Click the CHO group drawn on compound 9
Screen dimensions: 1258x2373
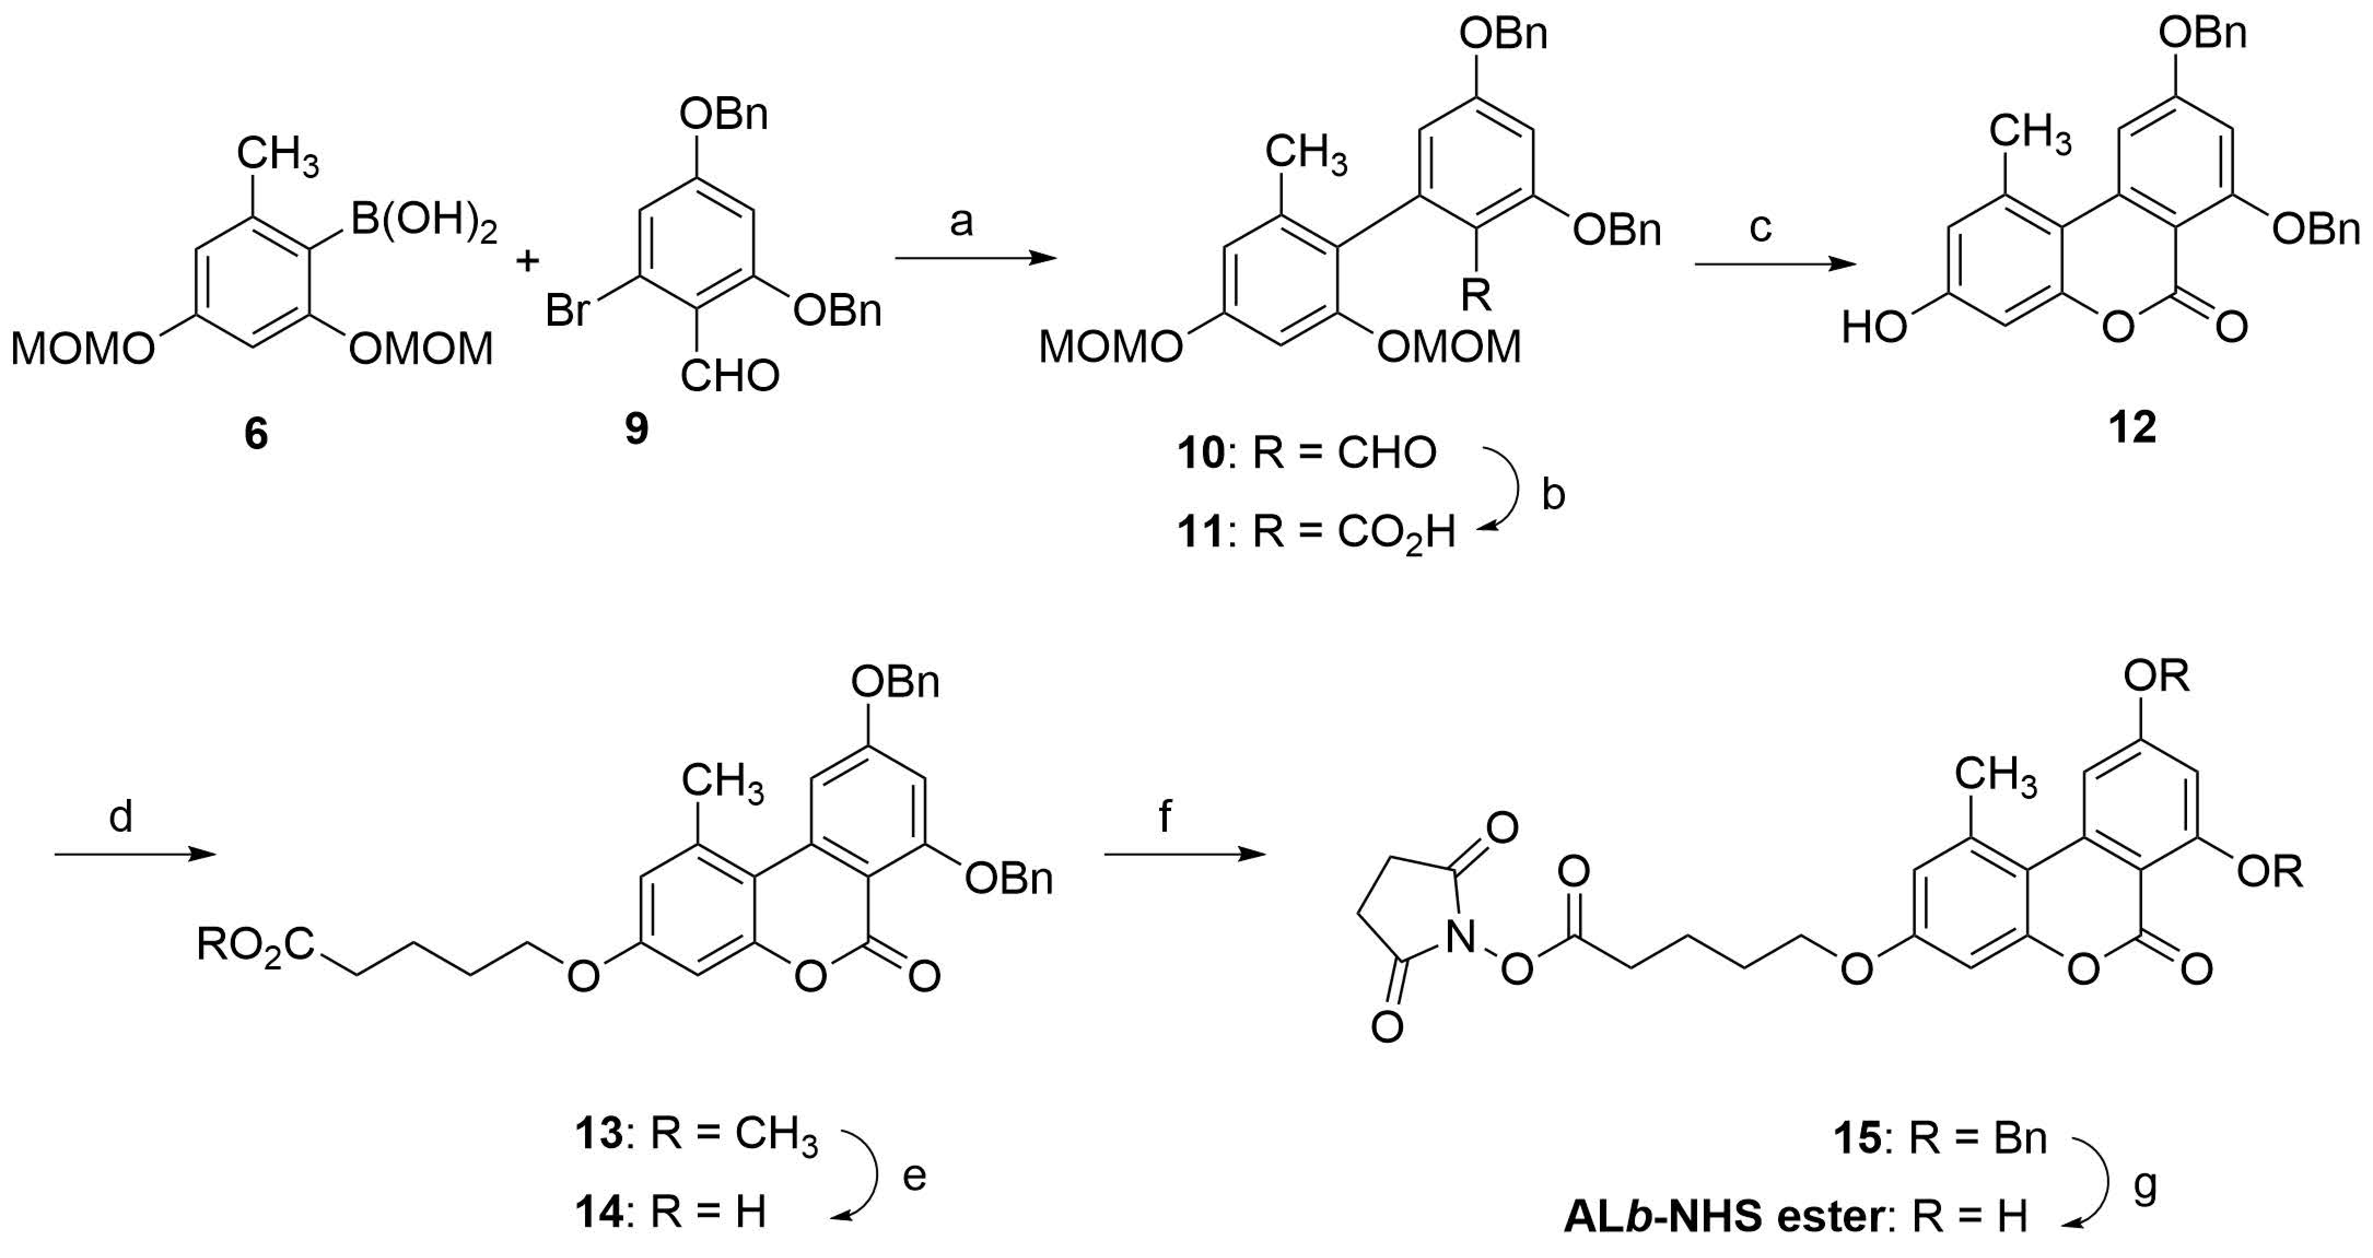pos(729,376)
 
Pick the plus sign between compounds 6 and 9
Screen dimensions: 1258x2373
pos(527,262)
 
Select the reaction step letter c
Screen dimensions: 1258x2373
pos(1761,227)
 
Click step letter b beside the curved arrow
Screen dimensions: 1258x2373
pos(1553,495)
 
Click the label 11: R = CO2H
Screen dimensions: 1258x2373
pos(1317,532)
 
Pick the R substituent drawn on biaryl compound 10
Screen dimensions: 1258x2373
pos(1477,297)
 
